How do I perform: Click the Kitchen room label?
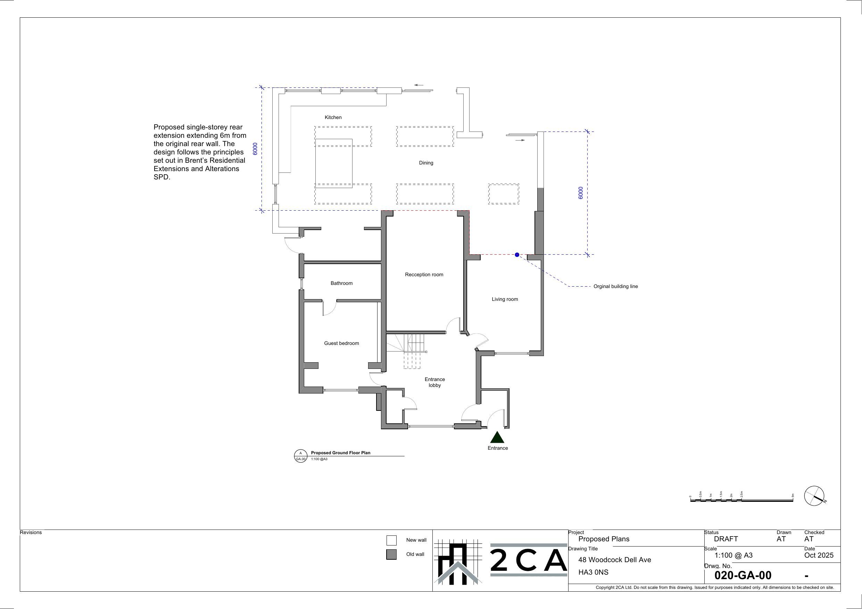coord(333,117)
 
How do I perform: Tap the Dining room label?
coord(426,163)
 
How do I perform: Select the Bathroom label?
coord(341,283)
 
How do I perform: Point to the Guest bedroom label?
coord(341,343)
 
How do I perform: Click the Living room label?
coord(505,299)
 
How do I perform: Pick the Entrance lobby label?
coord(434,382)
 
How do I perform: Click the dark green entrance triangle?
coord(497,438)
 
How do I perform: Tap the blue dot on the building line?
coord(517,255)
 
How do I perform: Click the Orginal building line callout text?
coord(615,287)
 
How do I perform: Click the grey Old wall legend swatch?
coord(391,555)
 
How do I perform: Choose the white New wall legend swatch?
coord(391,540)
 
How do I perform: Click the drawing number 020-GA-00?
coord(743,575)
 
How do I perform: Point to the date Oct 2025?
coord(819,555)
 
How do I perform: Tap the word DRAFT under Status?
coord(726,539)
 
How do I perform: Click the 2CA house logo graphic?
coord(458,562)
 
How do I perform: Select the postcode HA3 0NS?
coord(593,572)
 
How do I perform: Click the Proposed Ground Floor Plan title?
coord(340,453)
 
